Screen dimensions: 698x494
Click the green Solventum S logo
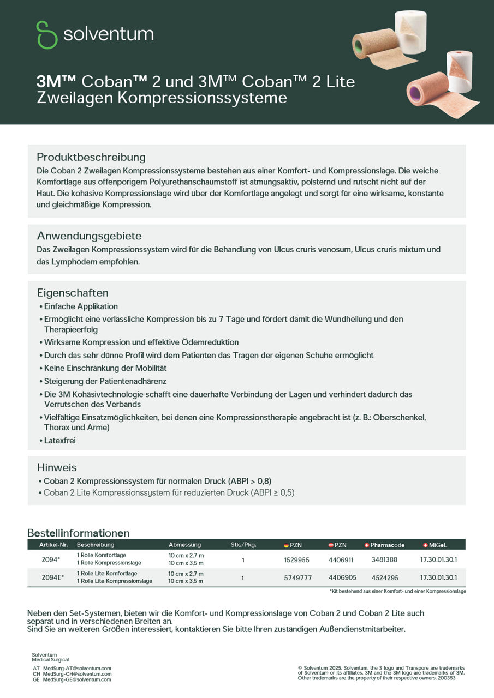[47, 34]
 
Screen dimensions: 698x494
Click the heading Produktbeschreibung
[91, 157]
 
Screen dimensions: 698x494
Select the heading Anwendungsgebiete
[89, 236]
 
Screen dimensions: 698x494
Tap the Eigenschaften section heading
[73, 292]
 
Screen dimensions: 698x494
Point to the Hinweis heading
[57, 467]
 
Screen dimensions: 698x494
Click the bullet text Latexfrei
[59, 441]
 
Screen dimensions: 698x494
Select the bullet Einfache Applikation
[81, 306]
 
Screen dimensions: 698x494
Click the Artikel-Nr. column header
[53, 545]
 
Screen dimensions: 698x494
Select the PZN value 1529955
[296, 559]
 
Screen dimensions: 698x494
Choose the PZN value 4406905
[342, 577]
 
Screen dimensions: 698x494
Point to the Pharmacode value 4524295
[384, 577]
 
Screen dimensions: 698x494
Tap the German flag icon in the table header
[286, 545]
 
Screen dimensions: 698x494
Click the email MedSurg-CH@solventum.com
[77, 674]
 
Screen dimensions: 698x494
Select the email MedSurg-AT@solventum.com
[77, 668]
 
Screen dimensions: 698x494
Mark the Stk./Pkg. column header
[243, 545]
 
